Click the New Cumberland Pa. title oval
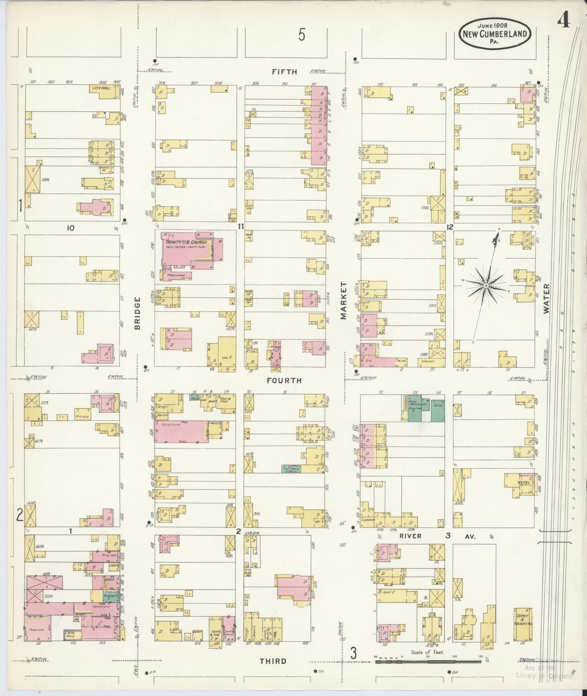point(495,34)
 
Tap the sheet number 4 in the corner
point(564,21)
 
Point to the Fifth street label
point(285,72)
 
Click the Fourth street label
point(284,381)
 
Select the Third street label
point(273,661)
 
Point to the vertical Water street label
point(546,298)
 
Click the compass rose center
point(486,286)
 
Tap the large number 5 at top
point(301,35)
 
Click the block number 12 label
point(450,227)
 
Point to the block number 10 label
point(70,228)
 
